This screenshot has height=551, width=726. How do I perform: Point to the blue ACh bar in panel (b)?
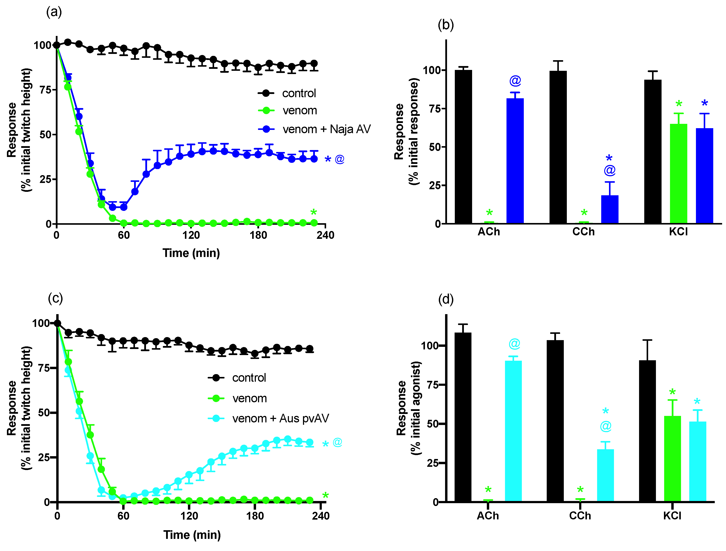tap(515, 161)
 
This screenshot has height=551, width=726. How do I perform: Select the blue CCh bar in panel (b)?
tap(609, 209)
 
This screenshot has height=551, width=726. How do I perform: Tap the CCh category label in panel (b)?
tap(583, 232)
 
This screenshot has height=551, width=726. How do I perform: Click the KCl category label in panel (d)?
tap(672, 516)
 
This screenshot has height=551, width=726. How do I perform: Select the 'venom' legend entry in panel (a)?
tap(299, 111)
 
